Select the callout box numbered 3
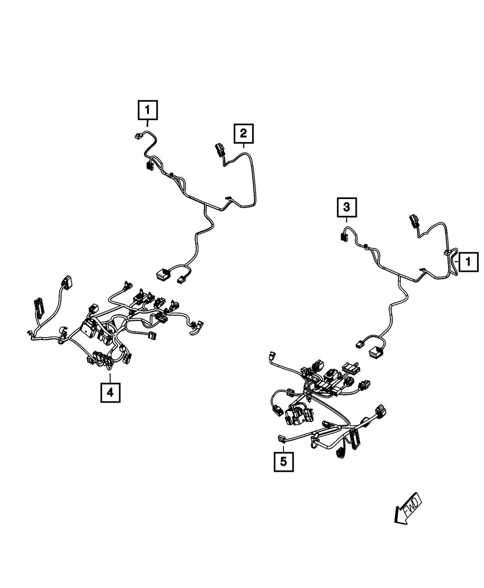point(347,207)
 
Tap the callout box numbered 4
point(110,392)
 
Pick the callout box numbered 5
point(283,461)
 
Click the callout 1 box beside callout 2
point(148,110)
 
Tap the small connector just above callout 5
point(282,439)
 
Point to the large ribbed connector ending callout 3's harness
point(376,351)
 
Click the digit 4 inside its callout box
point(110,392)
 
